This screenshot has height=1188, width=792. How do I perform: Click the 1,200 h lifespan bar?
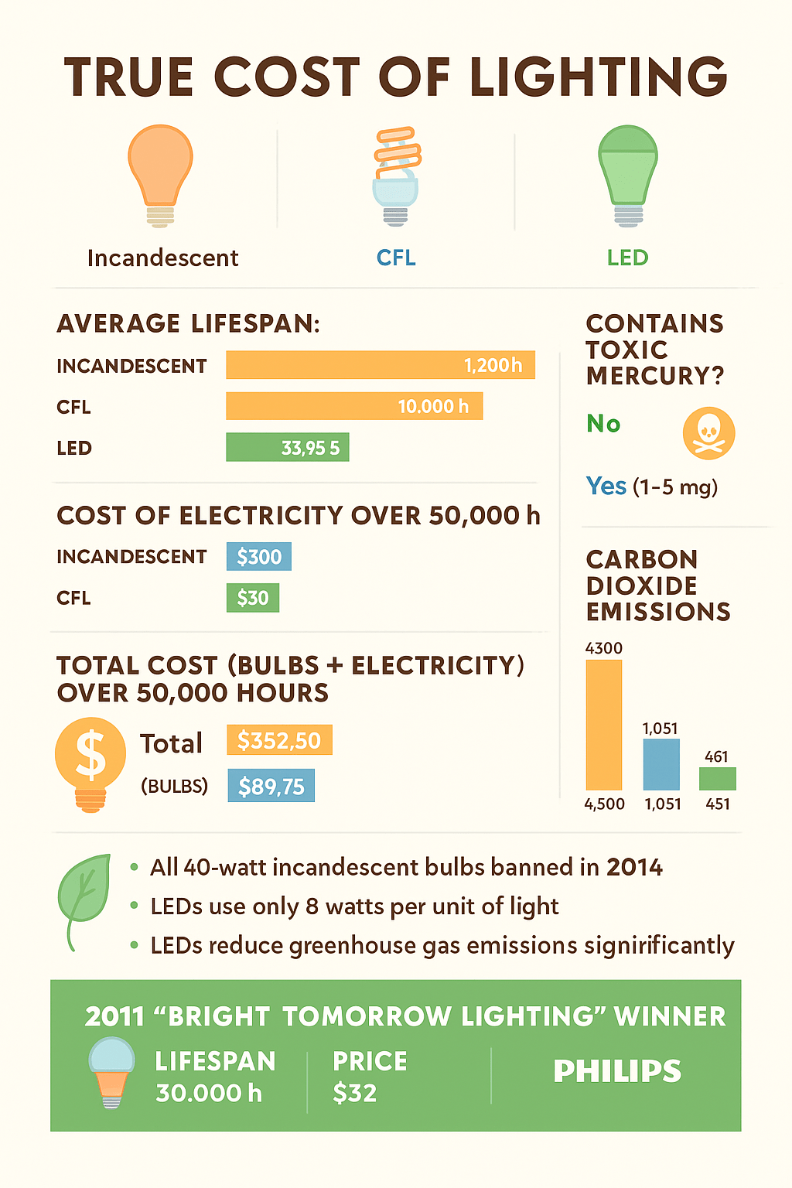click(x=380, y=365)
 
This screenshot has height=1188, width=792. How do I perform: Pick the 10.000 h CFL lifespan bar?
click(x=354, y=406)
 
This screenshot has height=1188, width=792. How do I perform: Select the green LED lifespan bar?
click(x=287, y=447)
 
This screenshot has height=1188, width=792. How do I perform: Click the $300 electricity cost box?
click(x=258, y=557)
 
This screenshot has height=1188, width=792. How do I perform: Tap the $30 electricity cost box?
click(x=252, y=598)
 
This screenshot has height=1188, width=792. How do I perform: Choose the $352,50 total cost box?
click(x=279, y=740)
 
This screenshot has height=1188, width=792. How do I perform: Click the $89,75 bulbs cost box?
click(x=271, y=786)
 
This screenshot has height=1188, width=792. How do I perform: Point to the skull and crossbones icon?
click(x=708, y=433)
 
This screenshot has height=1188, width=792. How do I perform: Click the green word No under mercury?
click(x=603, y=424)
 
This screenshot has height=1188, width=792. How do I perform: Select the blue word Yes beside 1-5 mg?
click(x=606, y=486)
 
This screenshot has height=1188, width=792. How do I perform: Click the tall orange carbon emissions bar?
click(x=603, y=725)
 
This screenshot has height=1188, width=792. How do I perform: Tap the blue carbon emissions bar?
click(x=661, y=764)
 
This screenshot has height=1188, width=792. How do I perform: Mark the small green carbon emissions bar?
click(x=717, y=778)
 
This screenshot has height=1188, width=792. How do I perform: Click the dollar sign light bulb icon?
click(x=90, y=763)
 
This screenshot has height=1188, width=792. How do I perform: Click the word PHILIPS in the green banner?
click(x=617, y=1071)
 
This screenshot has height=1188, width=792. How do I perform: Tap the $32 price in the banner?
click(x=354, y=1093)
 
